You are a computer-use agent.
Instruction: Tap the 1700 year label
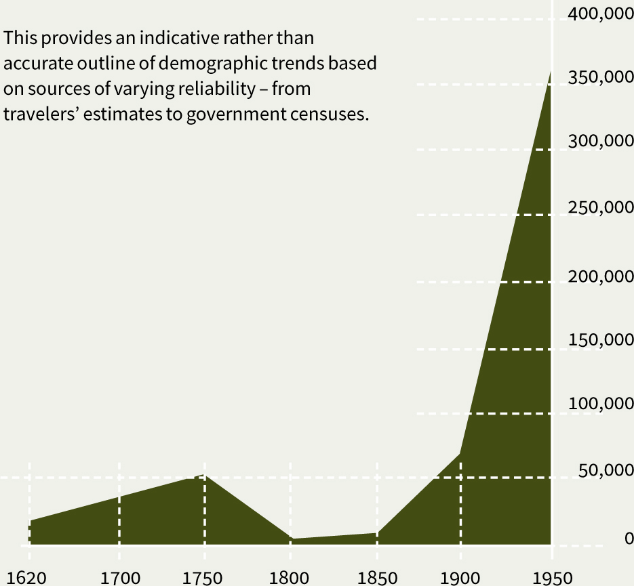coord(120,578)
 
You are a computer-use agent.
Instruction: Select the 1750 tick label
coord(203,578)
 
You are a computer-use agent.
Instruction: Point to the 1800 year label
coord(291,578)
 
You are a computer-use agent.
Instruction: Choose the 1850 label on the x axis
coord(377,578)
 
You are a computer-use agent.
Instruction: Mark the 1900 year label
coord(460,578)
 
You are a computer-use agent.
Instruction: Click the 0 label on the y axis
coord(629,539)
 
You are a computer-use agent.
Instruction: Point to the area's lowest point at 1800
coord(291,539)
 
